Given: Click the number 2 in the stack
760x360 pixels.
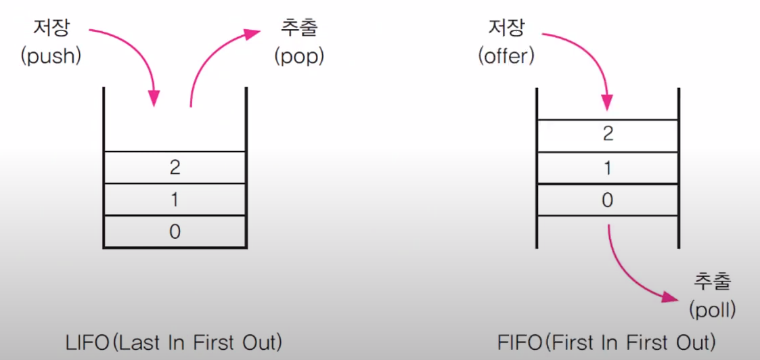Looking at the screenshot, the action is [x=175, y=167].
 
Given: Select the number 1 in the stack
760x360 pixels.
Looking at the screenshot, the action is [x=175, y=200].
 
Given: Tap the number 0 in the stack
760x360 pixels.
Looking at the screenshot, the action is [x=175, y=231].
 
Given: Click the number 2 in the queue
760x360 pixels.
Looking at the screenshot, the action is [x=608, y=133].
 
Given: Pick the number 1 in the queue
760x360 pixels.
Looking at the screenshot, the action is [x=608, y=167].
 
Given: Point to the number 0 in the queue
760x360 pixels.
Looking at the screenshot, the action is [x=608, y=200].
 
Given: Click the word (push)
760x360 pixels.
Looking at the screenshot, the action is [x=51, y=56].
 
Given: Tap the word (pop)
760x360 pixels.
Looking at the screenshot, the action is [x=299, y=56].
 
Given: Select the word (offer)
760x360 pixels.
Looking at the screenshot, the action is [x=507, y=56].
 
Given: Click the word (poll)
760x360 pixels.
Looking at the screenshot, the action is [x=713, y=310].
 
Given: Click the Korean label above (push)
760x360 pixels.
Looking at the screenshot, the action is [x=51, y=29].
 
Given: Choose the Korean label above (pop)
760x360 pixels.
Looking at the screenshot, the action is [x=299, y=29].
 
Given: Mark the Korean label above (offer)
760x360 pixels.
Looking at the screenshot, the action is [x=507, y=29].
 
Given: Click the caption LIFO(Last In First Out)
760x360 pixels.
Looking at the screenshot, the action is [x=175, y=342].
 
